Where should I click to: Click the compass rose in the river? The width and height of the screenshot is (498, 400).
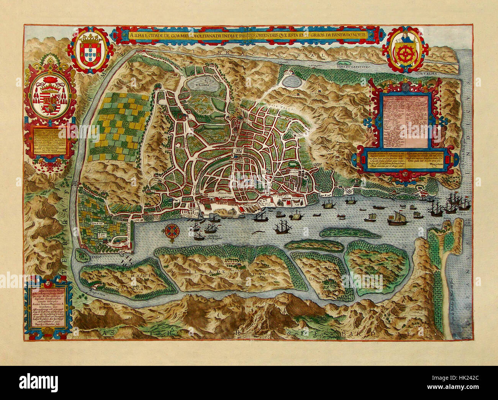click(170, 232)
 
